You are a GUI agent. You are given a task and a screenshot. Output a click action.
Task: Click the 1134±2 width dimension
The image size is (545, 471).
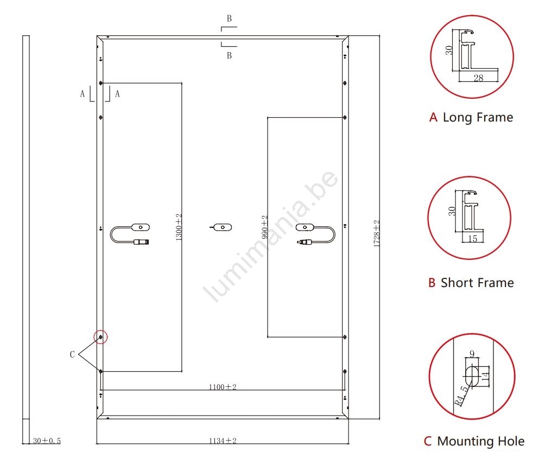pyautogui.click(x=223, y=441)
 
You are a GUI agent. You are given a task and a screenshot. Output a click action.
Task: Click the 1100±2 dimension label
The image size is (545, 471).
pyautogui.click(x=223, y=387)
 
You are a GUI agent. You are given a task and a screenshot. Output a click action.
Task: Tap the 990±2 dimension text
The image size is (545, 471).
pyautogui.click(x=265, y=227)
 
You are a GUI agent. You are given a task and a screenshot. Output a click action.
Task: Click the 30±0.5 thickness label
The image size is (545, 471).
pyautogui.click(x=47, y=441)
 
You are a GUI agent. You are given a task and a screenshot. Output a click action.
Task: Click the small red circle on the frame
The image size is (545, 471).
pyautogui.click(x=101, y=337)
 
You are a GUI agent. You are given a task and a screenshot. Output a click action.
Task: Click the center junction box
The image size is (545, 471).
pyautogui.click(x=220, y=227)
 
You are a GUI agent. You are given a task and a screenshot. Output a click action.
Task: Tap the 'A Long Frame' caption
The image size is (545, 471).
pyautogui.click(x=471, y=117)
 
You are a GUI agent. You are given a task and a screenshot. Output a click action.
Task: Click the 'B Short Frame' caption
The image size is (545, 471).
pyautogui.click(x=471, y=283)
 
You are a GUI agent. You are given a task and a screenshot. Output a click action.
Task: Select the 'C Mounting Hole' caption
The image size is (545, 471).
pyautogui.click(x=474, y=441)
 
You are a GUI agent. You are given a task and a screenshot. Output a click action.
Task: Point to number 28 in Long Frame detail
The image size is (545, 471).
pyautogui.click(x=478, y=78)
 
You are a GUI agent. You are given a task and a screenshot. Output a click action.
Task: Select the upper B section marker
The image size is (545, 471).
pyautogui.click(x=229, y=18)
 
